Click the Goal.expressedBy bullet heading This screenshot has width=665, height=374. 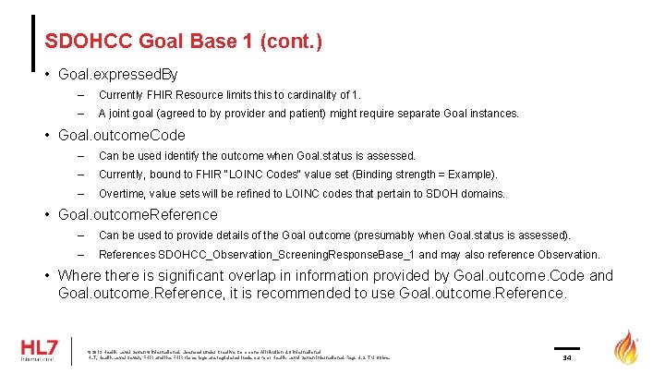(x=118, y=73)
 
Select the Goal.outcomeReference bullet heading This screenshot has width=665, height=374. (x=139, y=214)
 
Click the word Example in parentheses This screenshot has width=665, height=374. (x=473, y=175)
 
